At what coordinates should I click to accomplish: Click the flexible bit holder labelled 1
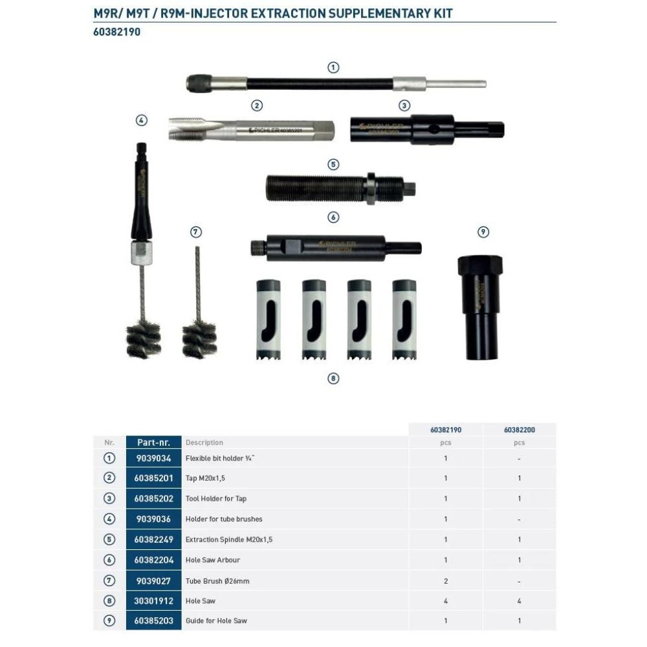pyautogui.click(x=336, y=83)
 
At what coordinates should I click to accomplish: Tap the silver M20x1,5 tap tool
pyautogui.click(x=251, y=129)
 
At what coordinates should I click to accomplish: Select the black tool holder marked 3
pyautogui.click(x=427, y=129)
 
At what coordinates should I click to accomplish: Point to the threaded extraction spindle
pyautogui.click(x=340, y=188)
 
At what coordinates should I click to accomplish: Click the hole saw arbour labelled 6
pyautogui.click(x=336, y=248)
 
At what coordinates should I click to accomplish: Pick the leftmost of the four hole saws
pyautogui.click(x=269, y=320)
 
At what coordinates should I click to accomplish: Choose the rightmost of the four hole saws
pyautogui.click(x=404, y=320)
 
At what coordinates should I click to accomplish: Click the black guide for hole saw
pyautogui.click(x=480, y=307)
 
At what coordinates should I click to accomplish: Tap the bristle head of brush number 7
pyautogui.click(x=199, y=339)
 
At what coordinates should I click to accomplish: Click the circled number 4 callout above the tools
pyautogui.click(x=142, y=120)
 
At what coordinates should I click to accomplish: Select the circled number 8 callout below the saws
pyautogui.click(x=333, y=378)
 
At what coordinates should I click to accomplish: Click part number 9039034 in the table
pyautogui.click(x=153, y=458)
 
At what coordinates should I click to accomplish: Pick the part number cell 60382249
pyautogui.click(x=153, y=540)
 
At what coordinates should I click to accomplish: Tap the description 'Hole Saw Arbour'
pyautogui.click(x=212, y=560)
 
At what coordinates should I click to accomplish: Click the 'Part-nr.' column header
pyautogui.click(x=153, y=443)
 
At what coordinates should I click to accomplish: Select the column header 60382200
pyautogui.click(x=519, y=430)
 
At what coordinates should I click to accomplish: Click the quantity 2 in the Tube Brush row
pyautogui.click(x=446, y=581)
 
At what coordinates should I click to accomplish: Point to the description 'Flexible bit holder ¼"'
pyautogui.click(x=220, y=458)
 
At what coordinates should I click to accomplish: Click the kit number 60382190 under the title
pyautogui.click(x=116, y=32)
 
